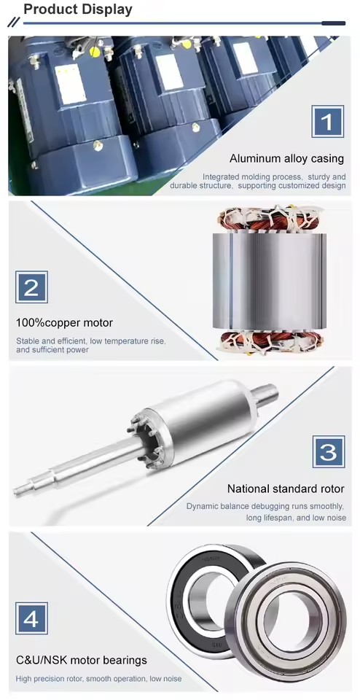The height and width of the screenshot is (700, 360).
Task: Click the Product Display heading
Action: (x=78, y=9)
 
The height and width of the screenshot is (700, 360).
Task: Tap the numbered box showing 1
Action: (x=327, y=122)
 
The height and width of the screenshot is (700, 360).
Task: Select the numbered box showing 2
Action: (x=31, y=287)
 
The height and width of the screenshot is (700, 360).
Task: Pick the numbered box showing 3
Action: (x=329, y=452)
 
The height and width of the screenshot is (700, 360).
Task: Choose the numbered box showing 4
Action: (x=31, y=618)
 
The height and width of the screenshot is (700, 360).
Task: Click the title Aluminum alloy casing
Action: (x=287, y=158)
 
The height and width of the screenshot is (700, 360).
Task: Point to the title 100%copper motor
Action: (x=64, y=322)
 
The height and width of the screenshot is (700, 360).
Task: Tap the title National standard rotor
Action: (x=286, y=489)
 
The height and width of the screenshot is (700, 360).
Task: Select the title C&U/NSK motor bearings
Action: (x=81, y=660)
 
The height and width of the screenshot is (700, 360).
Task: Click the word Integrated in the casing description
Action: (x=220, y=176)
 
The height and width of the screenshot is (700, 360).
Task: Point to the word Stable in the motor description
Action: (x=27, y=341)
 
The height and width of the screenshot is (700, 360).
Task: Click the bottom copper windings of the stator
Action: (x=270, y=341)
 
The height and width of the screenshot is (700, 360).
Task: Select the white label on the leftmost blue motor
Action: (x=70, y=83)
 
